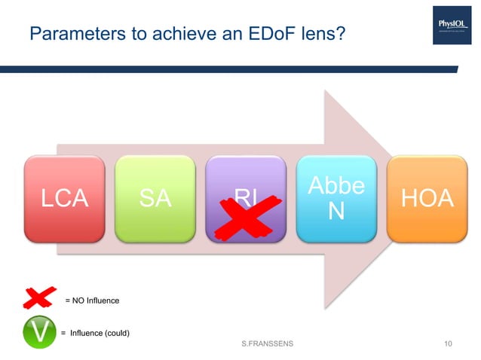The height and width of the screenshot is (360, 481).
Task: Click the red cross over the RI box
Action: (244, 216)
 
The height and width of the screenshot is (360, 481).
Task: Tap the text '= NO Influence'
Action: (91, 301)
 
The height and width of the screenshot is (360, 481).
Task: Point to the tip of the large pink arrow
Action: (384, 199)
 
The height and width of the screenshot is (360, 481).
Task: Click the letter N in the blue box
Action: (337, 212)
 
